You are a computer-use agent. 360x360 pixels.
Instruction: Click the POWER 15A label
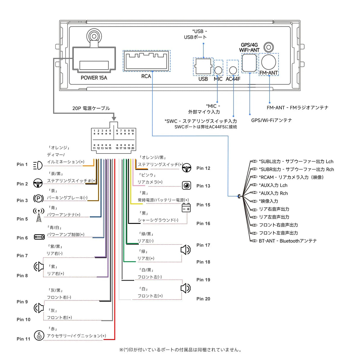[94, 78]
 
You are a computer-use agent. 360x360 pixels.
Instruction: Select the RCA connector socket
[147, 61]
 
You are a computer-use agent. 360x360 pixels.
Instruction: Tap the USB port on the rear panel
[203, 67]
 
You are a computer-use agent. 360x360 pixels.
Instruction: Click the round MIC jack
[218, 70]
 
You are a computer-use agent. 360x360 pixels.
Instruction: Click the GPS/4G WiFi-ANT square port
[249, 63]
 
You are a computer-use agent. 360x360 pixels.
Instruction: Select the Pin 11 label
[23, 339]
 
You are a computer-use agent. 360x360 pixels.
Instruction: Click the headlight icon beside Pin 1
[38, 165]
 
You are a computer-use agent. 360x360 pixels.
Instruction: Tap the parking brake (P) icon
[38, 198]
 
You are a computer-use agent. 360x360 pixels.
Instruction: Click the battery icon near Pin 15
[186, 208]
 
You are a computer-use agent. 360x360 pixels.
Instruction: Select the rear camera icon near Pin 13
[187, 186]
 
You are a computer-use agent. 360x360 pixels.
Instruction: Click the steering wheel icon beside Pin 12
[187, 168]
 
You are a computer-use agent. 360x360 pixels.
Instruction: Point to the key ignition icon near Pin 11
[39, 336]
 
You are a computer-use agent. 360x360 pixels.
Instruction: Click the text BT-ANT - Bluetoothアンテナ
[287, 241]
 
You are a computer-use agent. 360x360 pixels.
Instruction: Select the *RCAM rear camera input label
[291, 177]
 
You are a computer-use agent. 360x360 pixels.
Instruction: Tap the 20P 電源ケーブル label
[91, 108]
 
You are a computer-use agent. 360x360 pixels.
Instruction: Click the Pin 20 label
[203, 299]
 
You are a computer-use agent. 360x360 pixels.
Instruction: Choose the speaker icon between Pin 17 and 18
[186, 250]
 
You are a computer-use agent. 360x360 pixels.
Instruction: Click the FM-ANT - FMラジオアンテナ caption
[297, 108]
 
